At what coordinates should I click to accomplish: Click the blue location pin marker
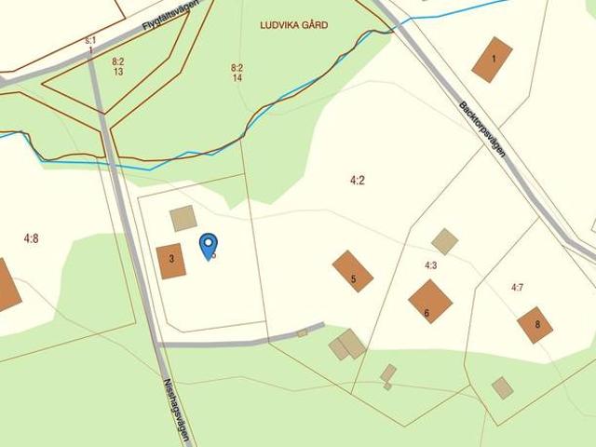[x=209, y=245]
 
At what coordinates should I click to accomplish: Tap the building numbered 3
[x=171, y=262]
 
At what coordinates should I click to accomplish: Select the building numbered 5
[x=353, y=271]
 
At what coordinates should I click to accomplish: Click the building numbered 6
[x=430, y=301]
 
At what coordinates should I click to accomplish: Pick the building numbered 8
[x=535, y=325]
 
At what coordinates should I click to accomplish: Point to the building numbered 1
[x=492, y=60]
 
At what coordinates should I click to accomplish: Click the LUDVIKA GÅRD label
[x=294, y=26]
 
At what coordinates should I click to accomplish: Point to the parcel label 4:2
[x=357, y=180]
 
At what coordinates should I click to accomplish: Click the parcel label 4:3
[x=431, y=265]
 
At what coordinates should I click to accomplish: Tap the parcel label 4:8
[x=32, y=238]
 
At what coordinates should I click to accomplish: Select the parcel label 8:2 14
[x=237, y=73]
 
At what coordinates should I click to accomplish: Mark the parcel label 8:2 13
[x=118, y=66]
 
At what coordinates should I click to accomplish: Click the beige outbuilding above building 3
[x=183, y=219]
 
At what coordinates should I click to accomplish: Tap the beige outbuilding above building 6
[x=445, y=241]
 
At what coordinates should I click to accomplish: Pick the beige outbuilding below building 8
[x=502, y=387]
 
